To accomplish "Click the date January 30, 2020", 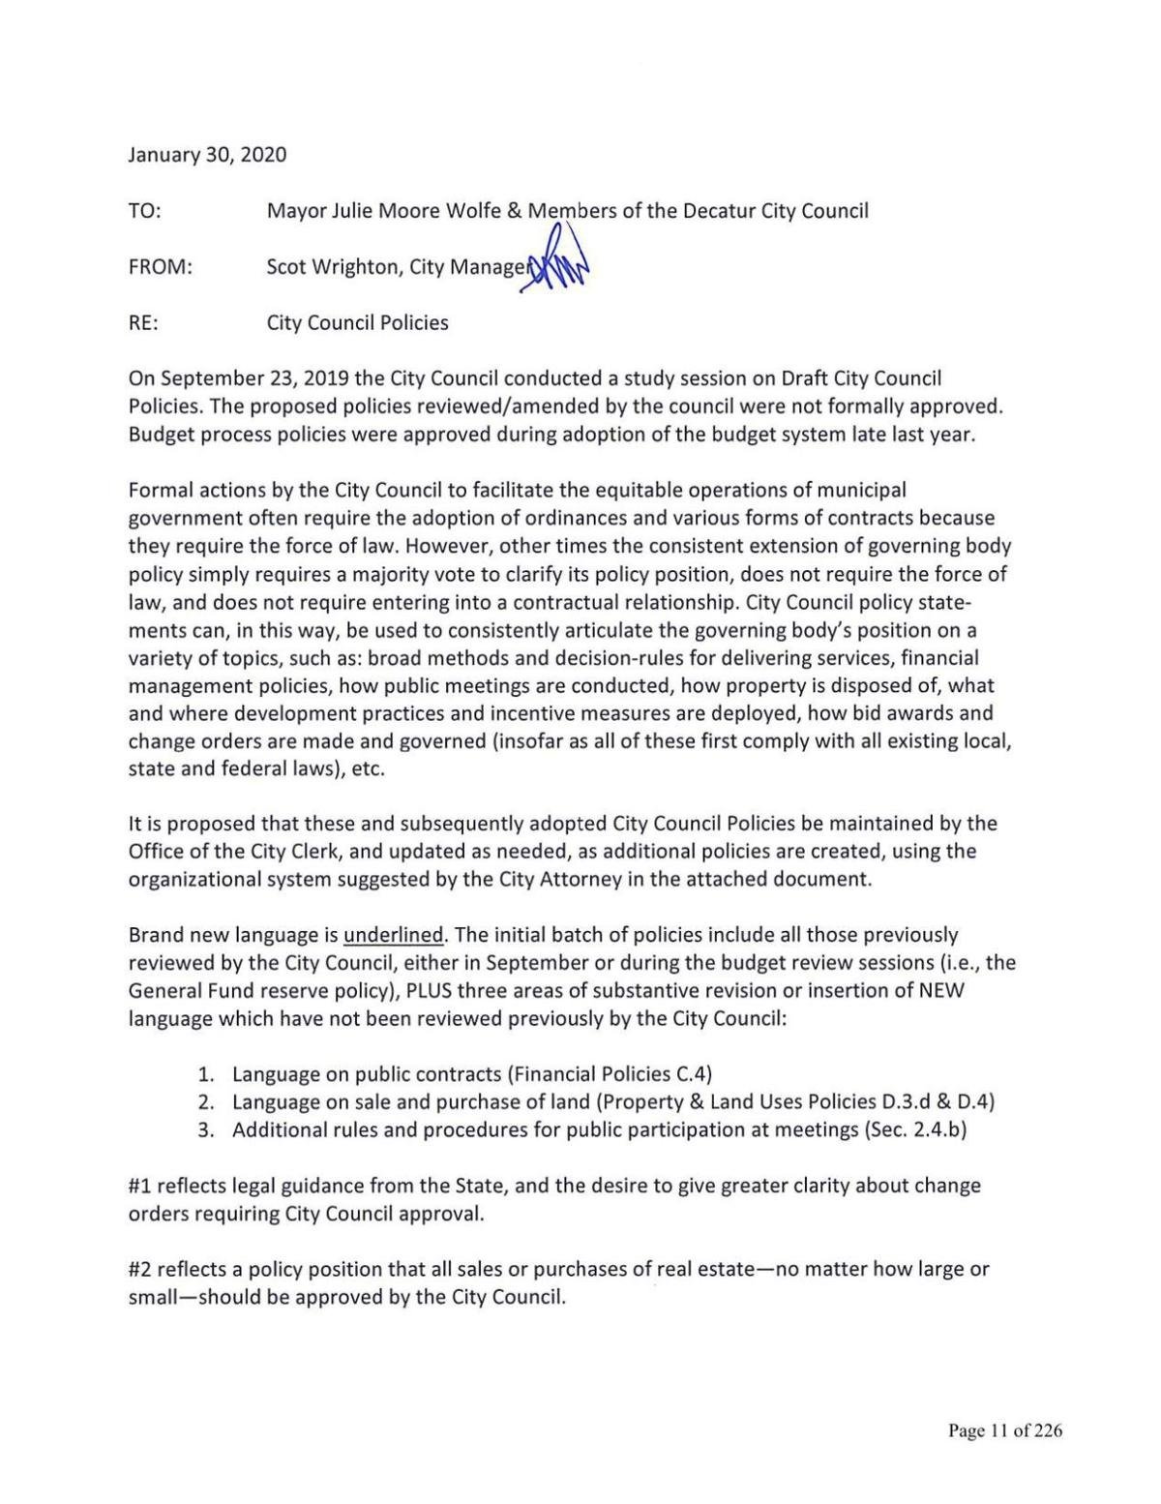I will (207, 155).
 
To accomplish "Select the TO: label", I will (144, 211).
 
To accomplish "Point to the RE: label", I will (143, 323).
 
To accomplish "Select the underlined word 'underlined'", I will (394, 936).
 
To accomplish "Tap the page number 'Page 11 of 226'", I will (1005, 1431).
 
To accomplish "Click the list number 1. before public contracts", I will (205, 1074).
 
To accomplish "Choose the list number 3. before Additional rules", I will (205, 1130).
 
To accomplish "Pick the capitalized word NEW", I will (940, 991).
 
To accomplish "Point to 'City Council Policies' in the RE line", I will (357, 323).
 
